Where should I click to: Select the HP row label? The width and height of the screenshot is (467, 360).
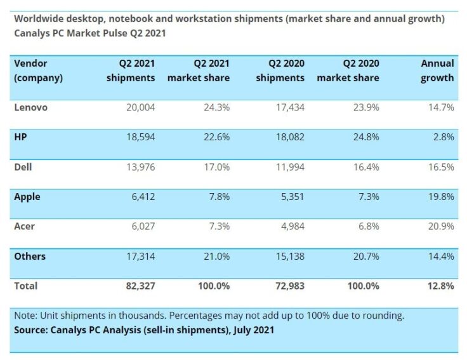pyautogui.click(x=20, y=137)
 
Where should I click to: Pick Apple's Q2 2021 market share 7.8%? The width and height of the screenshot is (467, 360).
pyautogui.click(x=216, y=197)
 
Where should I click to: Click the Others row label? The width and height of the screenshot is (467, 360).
pyautogui.click(x=29, y=257)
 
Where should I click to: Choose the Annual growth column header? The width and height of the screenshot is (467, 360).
pyautogui.click(x=437, y=70)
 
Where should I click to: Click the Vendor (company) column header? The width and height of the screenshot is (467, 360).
pyautogui.click(x=38, y=70)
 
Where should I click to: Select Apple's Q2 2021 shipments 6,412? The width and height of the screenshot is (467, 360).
pyautogui.click(x=141, y=197)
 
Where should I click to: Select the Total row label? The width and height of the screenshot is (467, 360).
pyautogui.click(x=25, y=286)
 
